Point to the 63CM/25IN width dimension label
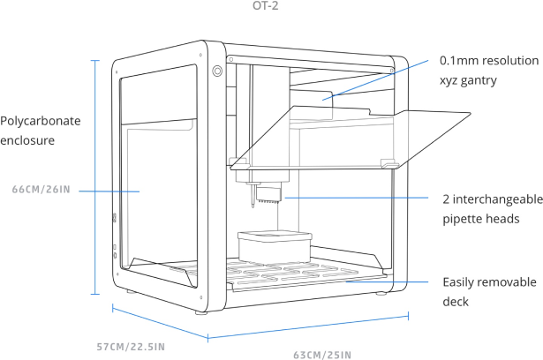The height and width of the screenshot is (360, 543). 322,355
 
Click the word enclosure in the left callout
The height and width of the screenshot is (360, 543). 28,140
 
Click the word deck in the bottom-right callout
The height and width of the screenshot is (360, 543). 455,302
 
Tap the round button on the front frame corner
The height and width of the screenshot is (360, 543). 216,69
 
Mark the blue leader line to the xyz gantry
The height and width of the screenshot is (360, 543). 380,80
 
